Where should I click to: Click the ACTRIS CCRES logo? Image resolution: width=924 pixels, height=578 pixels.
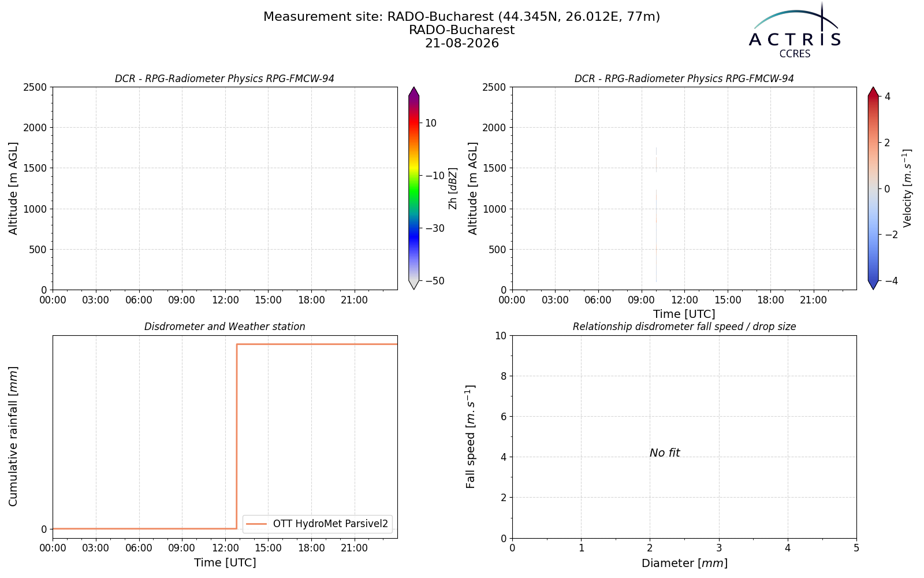[795, 31]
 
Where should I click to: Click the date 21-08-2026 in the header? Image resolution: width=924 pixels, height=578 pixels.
[462, 43]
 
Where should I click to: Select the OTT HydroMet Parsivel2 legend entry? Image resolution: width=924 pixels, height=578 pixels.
[317, 524]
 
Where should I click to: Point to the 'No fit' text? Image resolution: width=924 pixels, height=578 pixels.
[665, 453]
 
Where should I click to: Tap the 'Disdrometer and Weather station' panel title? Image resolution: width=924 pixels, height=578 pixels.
[225, 327]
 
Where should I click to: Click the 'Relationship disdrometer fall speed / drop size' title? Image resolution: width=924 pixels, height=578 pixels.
[684, 327]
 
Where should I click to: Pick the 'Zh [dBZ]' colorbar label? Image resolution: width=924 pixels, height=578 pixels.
[453, 188]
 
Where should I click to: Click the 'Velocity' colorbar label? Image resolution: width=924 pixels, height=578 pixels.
[907, 188]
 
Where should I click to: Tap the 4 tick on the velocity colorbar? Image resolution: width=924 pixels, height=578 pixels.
[887, 97]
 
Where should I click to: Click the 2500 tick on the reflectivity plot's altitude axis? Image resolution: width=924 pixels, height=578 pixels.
[36, 87]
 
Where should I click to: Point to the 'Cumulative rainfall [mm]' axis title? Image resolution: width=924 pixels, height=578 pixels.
[13, 436]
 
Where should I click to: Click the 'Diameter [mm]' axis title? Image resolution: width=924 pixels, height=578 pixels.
[684, 563]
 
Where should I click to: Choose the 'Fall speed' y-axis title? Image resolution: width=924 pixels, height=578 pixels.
[471, 436]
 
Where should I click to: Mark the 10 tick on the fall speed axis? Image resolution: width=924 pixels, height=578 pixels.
[501, 336]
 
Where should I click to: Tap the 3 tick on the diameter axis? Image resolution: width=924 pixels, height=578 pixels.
[719, 549]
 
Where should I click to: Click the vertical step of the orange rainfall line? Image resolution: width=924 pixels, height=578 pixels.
[237, 436]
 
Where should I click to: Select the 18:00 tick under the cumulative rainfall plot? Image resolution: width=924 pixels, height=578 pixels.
[311, 549]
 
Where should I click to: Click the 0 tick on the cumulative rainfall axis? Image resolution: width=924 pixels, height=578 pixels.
[44, 529]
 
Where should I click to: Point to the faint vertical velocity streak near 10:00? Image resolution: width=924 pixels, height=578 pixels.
[656, 214]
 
